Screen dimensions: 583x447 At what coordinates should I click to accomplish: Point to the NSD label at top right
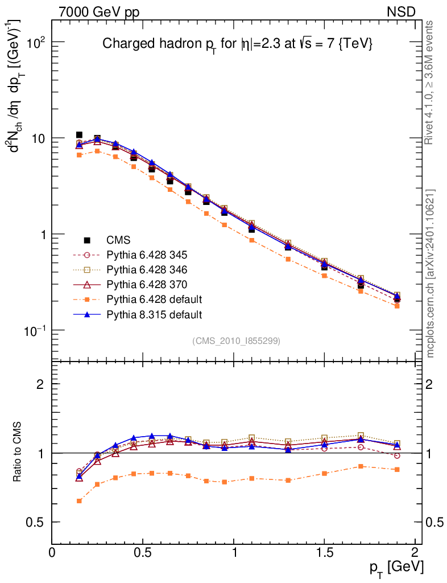click(x=402, y=11)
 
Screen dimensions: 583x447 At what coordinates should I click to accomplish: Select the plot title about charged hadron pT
click(x=237, y=44)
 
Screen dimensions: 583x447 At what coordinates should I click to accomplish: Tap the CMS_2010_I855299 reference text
click(x=236, y=340)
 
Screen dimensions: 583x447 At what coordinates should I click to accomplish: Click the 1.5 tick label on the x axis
click(x=324, y=553)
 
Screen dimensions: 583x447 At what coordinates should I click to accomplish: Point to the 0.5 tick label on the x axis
click(x=143, y=553)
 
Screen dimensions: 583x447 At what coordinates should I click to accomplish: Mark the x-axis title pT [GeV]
click(x=396, y=568)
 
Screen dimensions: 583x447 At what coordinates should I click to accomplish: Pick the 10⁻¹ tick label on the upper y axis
click(x=35, y=331)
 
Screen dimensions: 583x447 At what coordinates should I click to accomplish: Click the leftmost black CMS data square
click(x=79, y=135)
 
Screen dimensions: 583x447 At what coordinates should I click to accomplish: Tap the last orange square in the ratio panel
click(x=397, y=469)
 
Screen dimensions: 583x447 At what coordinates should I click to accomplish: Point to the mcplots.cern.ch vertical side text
click(x=431, y=273)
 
